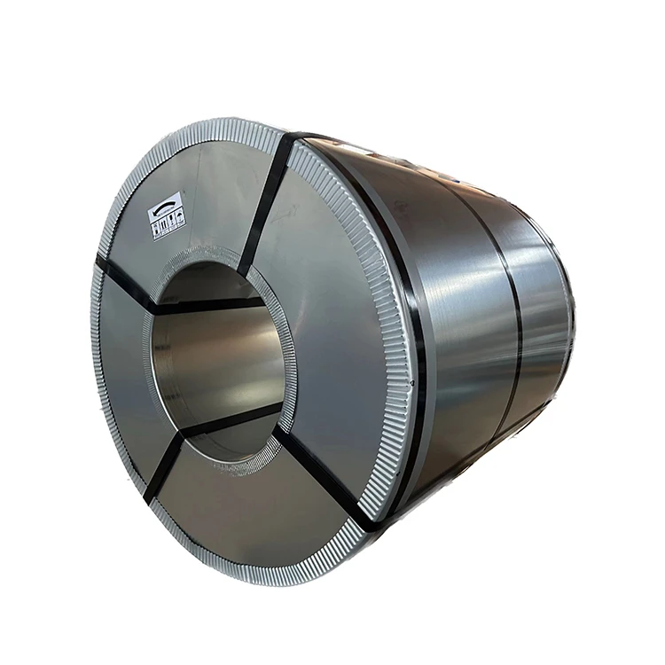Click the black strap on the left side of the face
point(127,286)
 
